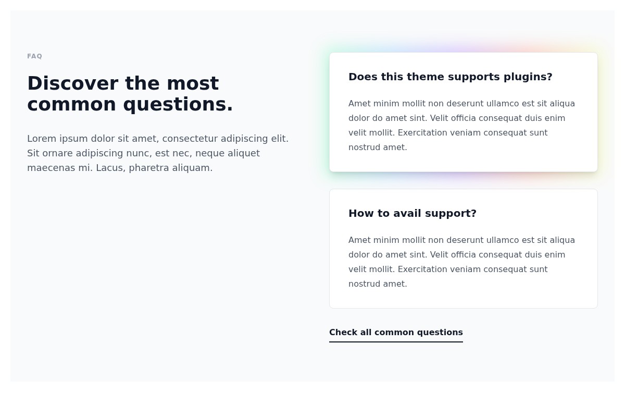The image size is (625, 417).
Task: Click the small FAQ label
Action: click(x=34, y=56)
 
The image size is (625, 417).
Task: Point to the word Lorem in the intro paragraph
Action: click(x=42, y=139)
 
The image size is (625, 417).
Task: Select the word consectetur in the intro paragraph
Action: click(x=189, y=139)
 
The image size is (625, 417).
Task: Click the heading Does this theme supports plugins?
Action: click(x=450, y=77)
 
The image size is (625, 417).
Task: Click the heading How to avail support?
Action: click(x=412, y=213)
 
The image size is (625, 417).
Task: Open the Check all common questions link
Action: click(x=396, y=333)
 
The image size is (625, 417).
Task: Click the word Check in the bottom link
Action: click(x=343, y=333)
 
